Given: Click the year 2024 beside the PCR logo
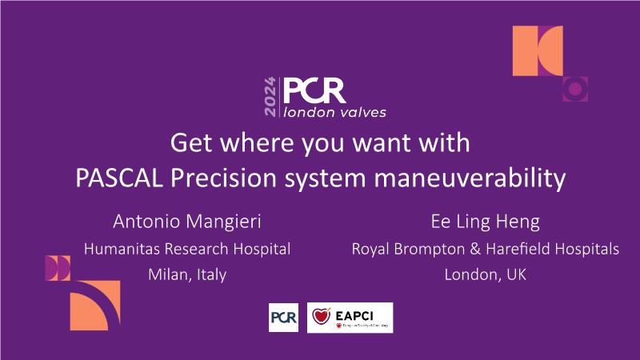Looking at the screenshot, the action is point(270,97).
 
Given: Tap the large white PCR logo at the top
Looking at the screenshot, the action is point(314,90).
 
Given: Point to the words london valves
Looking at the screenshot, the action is point(334,112).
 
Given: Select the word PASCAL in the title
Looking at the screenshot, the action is point(119,178).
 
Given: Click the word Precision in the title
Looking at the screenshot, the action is point(223,178).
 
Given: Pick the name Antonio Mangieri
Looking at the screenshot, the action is point(187,222).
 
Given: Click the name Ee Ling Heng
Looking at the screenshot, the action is point(486,222).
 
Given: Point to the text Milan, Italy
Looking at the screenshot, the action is point(187,274).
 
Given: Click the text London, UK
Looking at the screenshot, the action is point(486,274).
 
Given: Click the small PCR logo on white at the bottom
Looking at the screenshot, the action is point(284,318).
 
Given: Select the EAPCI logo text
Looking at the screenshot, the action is point(354,315).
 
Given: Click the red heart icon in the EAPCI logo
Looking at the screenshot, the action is point(322,316).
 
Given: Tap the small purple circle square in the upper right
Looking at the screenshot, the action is point(575,89).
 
